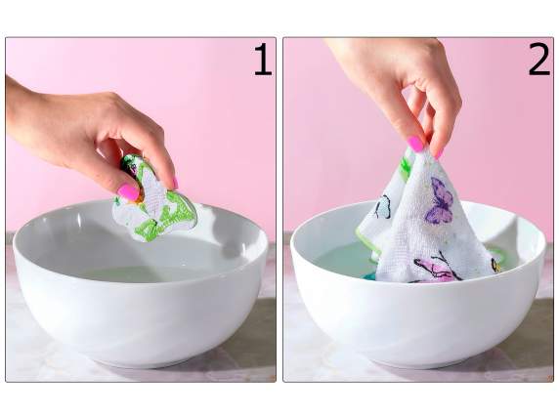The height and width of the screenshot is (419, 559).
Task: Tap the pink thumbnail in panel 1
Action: (x=128, y=191)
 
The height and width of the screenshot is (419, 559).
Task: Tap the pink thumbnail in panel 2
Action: (x=416, y=144)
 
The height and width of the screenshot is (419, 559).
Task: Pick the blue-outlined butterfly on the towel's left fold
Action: (x=384, y=206)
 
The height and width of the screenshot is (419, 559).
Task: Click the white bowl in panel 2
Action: (x=420, y=317)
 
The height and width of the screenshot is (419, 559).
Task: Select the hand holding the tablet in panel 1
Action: (x=88, y=127)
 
